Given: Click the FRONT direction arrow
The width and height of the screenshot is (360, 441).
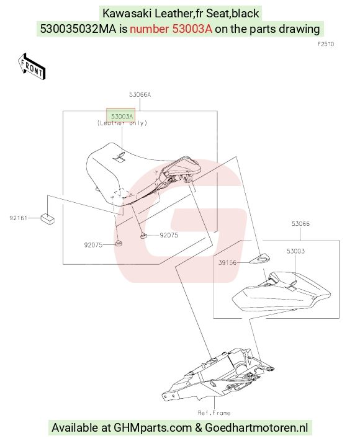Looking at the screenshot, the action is coord(31,66).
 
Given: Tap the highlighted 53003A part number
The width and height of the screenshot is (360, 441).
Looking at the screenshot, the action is coord(121,116).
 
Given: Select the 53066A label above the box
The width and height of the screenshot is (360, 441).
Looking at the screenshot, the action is coord(140,95).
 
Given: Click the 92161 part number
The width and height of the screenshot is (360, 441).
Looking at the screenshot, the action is coord(18,218).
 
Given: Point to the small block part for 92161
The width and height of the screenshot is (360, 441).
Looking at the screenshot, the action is coord(48,219).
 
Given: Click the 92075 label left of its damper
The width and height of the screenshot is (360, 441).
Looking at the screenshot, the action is coord(93,245).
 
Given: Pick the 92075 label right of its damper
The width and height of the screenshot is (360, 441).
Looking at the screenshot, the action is coord(169,235).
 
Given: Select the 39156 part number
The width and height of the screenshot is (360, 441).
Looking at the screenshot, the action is coord(227,263).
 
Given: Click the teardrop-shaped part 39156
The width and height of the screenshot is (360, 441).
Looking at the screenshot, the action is coord(260,259).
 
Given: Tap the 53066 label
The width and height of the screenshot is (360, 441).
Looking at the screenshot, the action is coord(300,224).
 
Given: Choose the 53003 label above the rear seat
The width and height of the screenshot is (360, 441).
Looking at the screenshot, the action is coord(295,251).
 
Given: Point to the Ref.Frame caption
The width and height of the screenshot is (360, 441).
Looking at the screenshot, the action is coord(214,413).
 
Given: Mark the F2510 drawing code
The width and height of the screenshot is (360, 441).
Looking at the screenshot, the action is coord(326,44).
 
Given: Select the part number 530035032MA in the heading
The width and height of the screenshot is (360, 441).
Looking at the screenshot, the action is coord(78,29).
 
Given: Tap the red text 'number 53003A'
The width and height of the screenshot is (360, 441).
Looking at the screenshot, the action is coord(171,29).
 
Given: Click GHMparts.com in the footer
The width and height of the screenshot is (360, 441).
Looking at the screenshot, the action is coord(153,428).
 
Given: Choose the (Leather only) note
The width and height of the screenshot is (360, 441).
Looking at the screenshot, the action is coord(122,123).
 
